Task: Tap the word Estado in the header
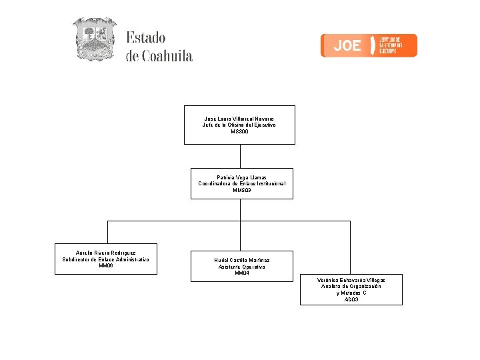tap(146, 38)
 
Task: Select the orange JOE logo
tap(369, 45)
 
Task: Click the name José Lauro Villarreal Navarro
tap(239, 118)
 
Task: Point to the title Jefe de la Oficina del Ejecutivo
tap(239, 125)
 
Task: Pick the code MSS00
tap(239, 132)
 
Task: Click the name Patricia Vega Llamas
tap(242, 177)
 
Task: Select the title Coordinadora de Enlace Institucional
tap(242, 183)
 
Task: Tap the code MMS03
tap(242, 191)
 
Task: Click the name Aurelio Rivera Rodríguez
tap(106, 253)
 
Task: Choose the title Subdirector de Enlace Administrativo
tap(106, 259)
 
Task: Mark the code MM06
tap(106, 265)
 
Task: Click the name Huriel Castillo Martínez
tap(242, 260)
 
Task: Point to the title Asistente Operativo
tap(242, 267)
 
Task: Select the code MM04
tap(242, 273)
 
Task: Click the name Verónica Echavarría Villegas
tap(351, 280)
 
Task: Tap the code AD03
tap(351, 300)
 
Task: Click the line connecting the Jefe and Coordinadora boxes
tap(240, 156)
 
